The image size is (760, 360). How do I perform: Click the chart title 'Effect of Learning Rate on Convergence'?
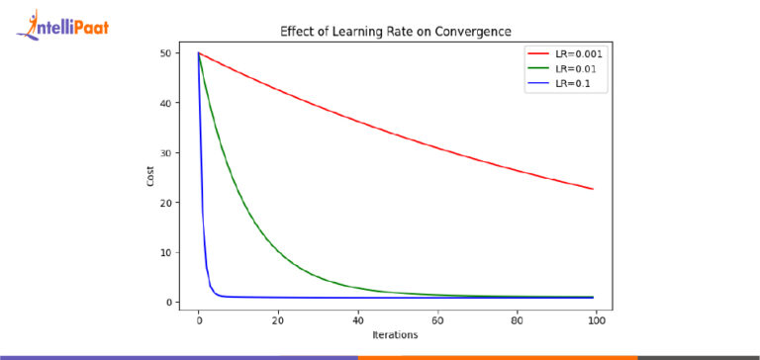tap(396, 31)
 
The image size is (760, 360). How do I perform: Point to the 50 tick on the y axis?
tap(165, 53)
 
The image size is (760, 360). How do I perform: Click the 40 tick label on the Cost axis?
tap(165, 103)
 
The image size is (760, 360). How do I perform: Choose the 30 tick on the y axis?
tap(165, 153)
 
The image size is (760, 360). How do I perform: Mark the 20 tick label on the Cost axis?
tap(165, 203)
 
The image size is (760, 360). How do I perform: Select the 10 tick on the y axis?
tap(165, 252)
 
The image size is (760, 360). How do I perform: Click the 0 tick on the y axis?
tap(168, 302)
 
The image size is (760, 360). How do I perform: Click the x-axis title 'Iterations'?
tap(396, 335)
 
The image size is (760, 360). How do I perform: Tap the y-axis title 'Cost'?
tap(148, 178)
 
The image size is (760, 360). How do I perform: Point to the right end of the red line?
tap(592, 189)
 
